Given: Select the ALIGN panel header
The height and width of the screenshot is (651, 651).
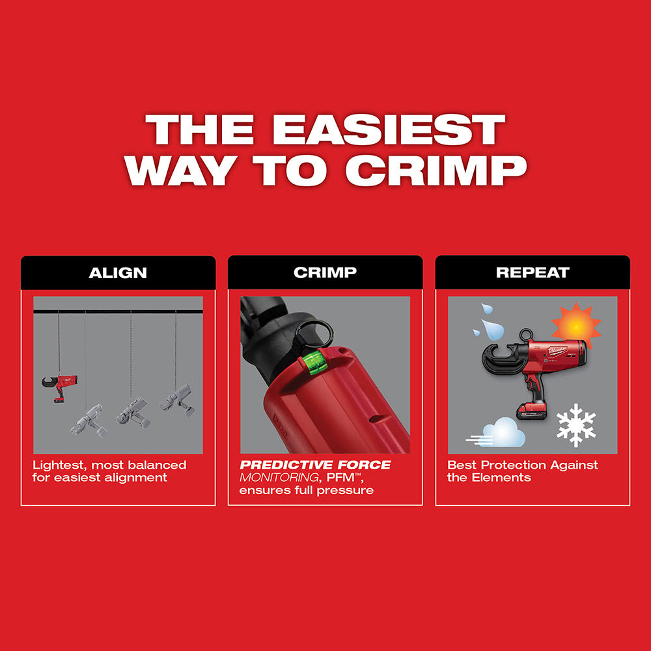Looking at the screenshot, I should tap(118, 272).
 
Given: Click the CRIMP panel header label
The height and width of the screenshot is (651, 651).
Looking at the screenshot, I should tap(325, 272).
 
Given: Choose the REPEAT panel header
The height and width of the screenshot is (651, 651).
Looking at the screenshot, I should tap(533, 272).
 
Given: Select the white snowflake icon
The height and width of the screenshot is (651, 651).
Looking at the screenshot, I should tap(576, 424).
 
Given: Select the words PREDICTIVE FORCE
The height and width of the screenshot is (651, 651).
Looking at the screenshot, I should tap(316, 465).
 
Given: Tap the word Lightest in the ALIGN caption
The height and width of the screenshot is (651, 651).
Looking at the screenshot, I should tap(59, 465).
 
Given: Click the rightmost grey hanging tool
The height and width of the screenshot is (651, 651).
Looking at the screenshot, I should tap(176, 398).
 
